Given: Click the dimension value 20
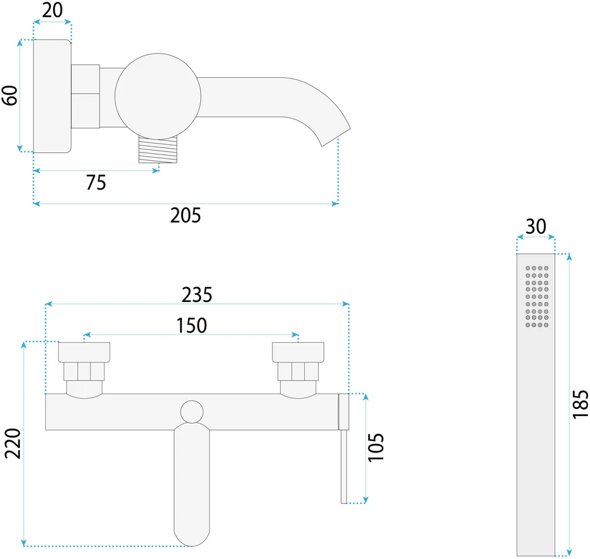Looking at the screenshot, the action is click(52, 10).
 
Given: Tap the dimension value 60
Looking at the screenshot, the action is click(10, 95).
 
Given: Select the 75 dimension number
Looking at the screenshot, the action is click(96, 183).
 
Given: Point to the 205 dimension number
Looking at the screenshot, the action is click(186, 215).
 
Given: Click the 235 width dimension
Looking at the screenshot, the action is click(197, 295).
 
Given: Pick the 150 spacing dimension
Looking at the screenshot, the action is click(191, 325).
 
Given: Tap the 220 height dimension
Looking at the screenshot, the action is click(13, 443).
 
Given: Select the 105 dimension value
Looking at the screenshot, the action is click(376, 447).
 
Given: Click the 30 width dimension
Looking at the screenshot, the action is click(536, 227).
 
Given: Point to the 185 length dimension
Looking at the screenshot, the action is click(580, 405).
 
